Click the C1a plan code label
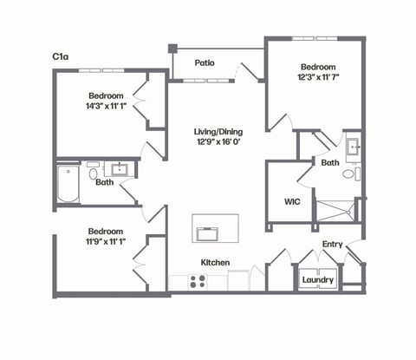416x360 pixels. pyautogui.click(x=60, y=56)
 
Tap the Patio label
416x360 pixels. pyautogui.click(x=205, y=62)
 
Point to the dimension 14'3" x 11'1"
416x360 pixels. pyautogui.click(x=106, y=107)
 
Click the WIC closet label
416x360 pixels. pyautogui.click(x=292, y=201)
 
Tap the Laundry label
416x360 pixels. pyautogui.click(x=317, y=280)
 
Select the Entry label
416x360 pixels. pyautogui.click(x=333, y=245)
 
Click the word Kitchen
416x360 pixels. pyautogui.click(x=215, y=262)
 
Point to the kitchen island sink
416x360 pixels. pyautogui.click(x=208, y=233)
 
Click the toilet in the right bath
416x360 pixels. pyautogui.click(x=348, y=174)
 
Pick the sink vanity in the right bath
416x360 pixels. pyautogui.click(x=354, y=148)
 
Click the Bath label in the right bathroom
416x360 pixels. pyautogui.click(x=329, y=162)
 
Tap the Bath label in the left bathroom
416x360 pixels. pyautogui.click(x=105, y=182)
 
